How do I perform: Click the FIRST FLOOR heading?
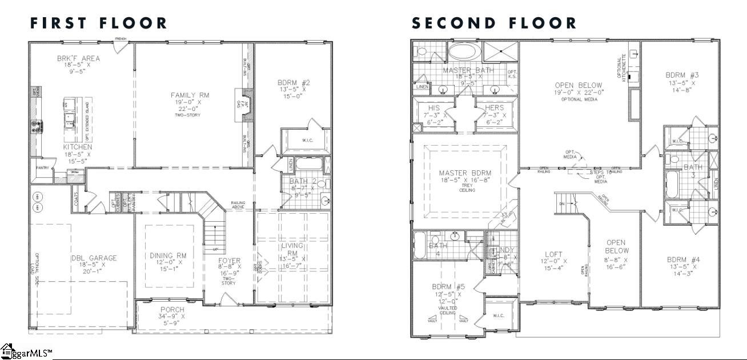(99, 23)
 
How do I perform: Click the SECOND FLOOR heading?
(495, 23)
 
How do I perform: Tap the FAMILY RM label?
(190, 95)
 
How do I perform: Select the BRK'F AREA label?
(78, 58)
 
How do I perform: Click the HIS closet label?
(433, 107)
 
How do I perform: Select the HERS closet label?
(494, 107)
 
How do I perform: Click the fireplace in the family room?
(242, 103)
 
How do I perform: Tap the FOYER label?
(229, 260)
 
